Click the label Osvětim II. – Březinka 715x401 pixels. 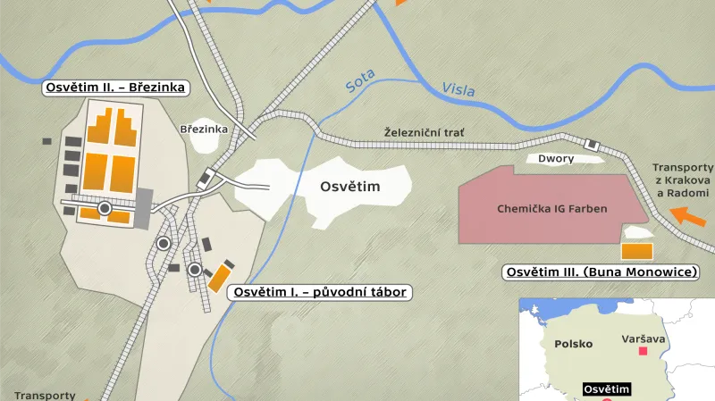click(x=115, y=88)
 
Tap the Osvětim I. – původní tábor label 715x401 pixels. click(x=320, y=292)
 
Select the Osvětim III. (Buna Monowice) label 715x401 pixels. click(x=601, y=272)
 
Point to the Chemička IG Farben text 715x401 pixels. click(x=552, y=209)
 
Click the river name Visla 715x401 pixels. click(x=458, y=89)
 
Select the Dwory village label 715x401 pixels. click(x=556, y=159)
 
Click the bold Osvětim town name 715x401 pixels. click(x=350, y=186)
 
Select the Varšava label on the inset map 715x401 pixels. click(x=643, y=338)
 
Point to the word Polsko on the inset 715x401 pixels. click(x=574, y=344)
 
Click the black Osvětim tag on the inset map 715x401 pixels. click(x=607, y=389)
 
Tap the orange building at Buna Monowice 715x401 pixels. click(x=637, y=251)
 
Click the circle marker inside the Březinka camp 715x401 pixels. click(x=105, y=209)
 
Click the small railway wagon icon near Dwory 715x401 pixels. click(x=591, y=144)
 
